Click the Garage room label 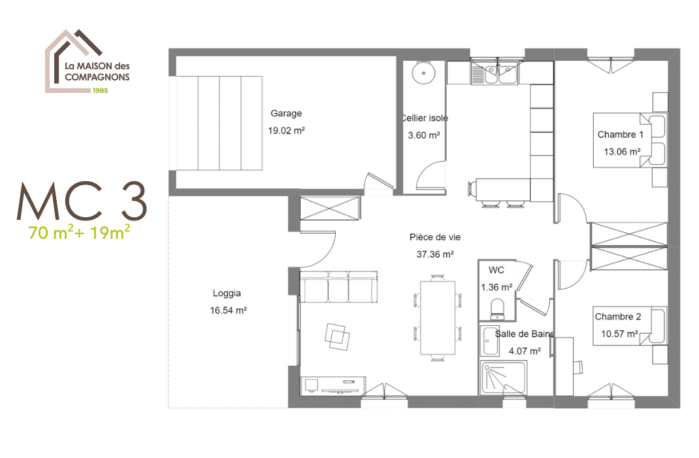tap(286, 113)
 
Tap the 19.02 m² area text tap(286, 130)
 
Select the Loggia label tap(227, 293)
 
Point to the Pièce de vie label tap(434, 237)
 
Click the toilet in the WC tap(497, 308)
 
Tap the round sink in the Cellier tap(423, 73)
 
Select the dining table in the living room tap(437, 317)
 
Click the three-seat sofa tap(339, 287)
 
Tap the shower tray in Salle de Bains tap(503, 378)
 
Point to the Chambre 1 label tap(620, 134)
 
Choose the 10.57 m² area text tap(619, 334)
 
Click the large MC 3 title tap(82, 201)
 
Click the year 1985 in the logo tap(101, 90)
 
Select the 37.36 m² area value tap(434, 255)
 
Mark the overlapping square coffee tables tap(337, 336)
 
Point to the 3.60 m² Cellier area tap(423, 135)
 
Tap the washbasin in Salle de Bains tap(490, 341)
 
